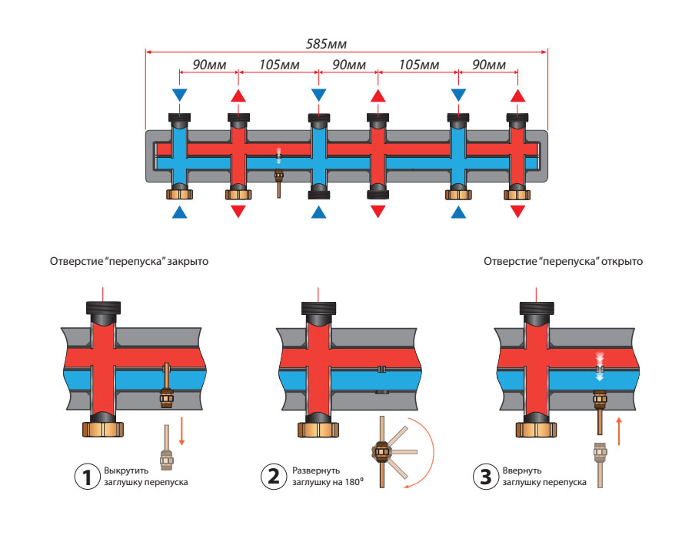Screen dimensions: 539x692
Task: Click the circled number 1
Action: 88,477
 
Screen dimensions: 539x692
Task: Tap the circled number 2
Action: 272,477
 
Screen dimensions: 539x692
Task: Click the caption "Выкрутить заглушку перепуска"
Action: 145,477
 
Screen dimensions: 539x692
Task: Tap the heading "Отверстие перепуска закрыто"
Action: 128,262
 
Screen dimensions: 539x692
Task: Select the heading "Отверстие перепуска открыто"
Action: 563,262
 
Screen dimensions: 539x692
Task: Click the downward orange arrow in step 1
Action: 182,432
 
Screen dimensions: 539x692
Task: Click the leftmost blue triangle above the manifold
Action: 179,95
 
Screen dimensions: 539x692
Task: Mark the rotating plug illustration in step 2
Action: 380,450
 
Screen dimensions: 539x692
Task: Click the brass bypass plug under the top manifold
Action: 278,183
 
